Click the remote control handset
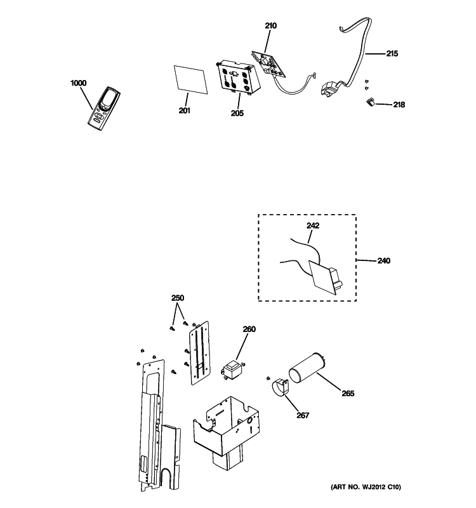[x=103, y=109]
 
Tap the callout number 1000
[x=78, y=83]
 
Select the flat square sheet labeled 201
[x=190, y=80]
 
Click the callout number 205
[x=237, y=113]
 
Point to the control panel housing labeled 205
[x=237, y=77]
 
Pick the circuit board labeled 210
[x=268, y=64]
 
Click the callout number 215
[x=392, y=53]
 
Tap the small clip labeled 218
[x=370, y=102]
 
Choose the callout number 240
[x=384, y=260]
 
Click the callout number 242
[x=313, y=225]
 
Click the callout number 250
[x=178, y=298]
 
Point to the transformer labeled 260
[x=232, y=371]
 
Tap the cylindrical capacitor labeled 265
[x=307, y=369]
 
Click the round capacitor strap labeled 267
[x=281, y=387]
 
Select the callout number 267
[x=303, y=415]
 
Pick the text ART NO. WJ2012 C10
[x=366, y=487]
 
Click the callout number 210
[x=271, y=25]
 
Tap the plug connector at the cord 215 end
[x=330, y=88]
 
